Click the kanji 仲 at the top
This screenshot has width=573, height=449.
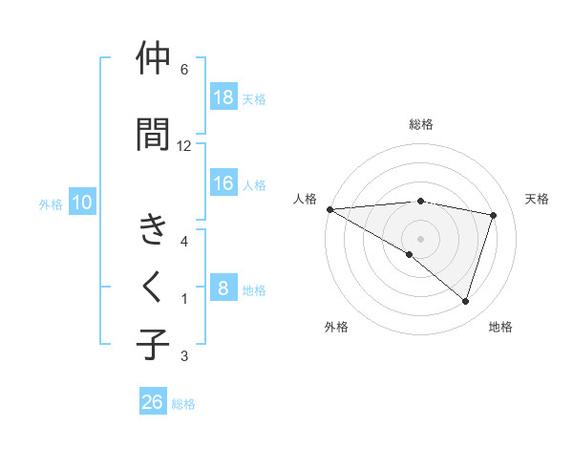pyautogui.click(x=153, y=59)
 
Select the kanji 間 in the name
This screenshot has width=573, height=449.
pyautogui.click(x=153, y=134)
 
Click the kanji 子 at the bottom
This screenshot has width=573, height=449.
pyautogui.click(x=153, y=345)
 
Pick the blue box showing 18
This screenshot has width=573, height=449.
pyautogui.click(x=223, y=97)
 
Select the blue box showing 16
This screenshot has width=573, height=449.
pyautogui.click(x=223, y=184)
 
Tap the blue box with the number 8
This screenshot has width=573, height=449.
pyautogui.click(x=223, y=289)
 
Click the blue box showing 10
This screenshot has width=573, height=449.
pyautogui.click(x=82, y=203)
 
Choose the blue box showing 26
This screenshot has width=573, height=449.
pyautogui.click(x=152, y=402)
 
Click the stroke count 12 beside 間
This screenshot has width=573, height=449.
pyautogui.click(x=184, y=145)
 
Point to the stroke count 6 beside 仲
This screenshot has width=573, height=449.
pyautogui.click(x=183, y=70)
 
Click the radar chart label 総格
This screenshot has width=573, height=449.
pyautogui.click(x=420, y=124)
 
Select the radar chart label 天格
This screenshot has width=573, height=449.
pyautogui.click(x=538, y=199)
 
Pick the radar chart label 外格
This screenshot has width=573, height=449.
pyautogui.click(x=336, y=327)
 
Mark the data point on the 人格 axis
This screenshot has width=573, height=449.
pyautogui.click(x=329, y=208)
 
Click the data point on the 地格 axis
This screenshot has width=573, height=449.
pyautogui.click(x=465, y=301)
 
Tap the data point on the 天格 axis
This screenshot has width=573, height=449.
pyautogui.click(x=493, y=215)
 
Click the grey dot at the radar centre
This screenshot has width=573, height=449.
pyautogui.click(x=420, y=238)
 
